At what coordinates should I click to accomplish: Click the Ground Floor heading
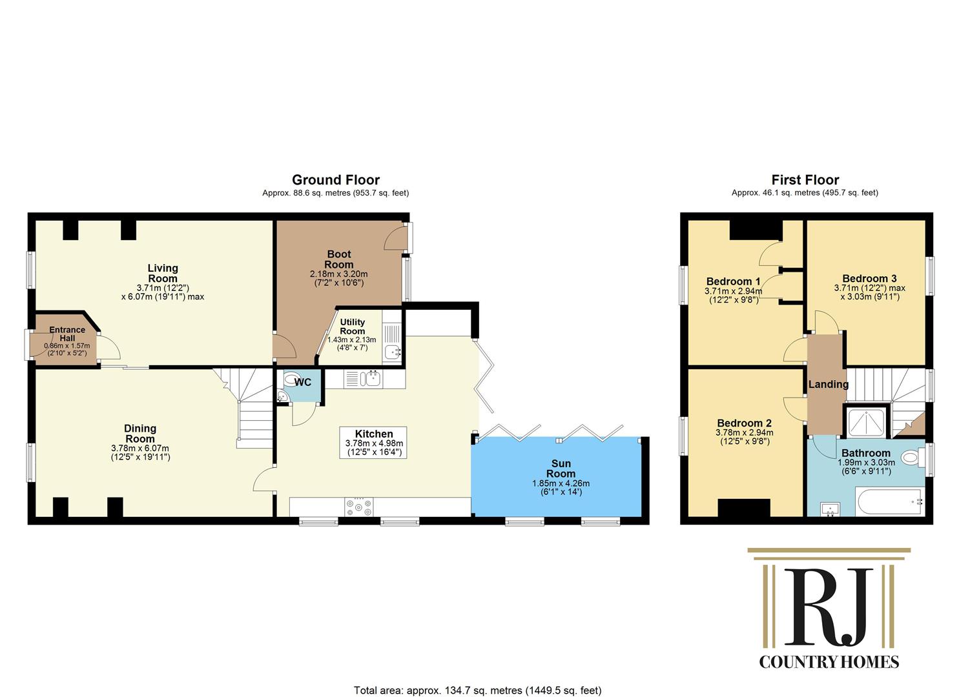(x=336, y=179)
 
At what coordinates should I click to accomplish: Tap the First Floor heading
(x=805, y=179)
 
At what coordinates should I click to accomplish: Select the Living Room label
(x=163, y=273)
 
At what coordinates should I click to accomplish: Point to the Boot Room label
(x=339, y=259)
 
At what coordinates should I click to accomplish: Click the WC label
(x=303, y=382)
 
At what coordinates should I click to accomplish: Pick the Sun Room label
(x=561, y=469)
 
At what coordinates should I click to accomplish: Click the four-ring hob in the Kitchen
(x=359, y=507)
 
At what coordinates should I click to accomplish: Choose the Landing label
(x=829, y=384)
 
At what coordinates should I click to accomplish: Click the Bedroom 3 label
(x=869, y=279)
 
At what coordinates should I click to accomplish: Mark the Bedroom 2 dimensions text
(x=745, y=437)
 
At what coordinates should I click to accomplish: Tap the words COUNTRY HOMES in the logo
(x=829, y=662)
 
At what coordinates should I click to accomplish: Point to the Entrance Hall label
(x=67, y=334)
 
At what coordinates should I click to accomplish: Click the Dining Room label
(x=140, y=434)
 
